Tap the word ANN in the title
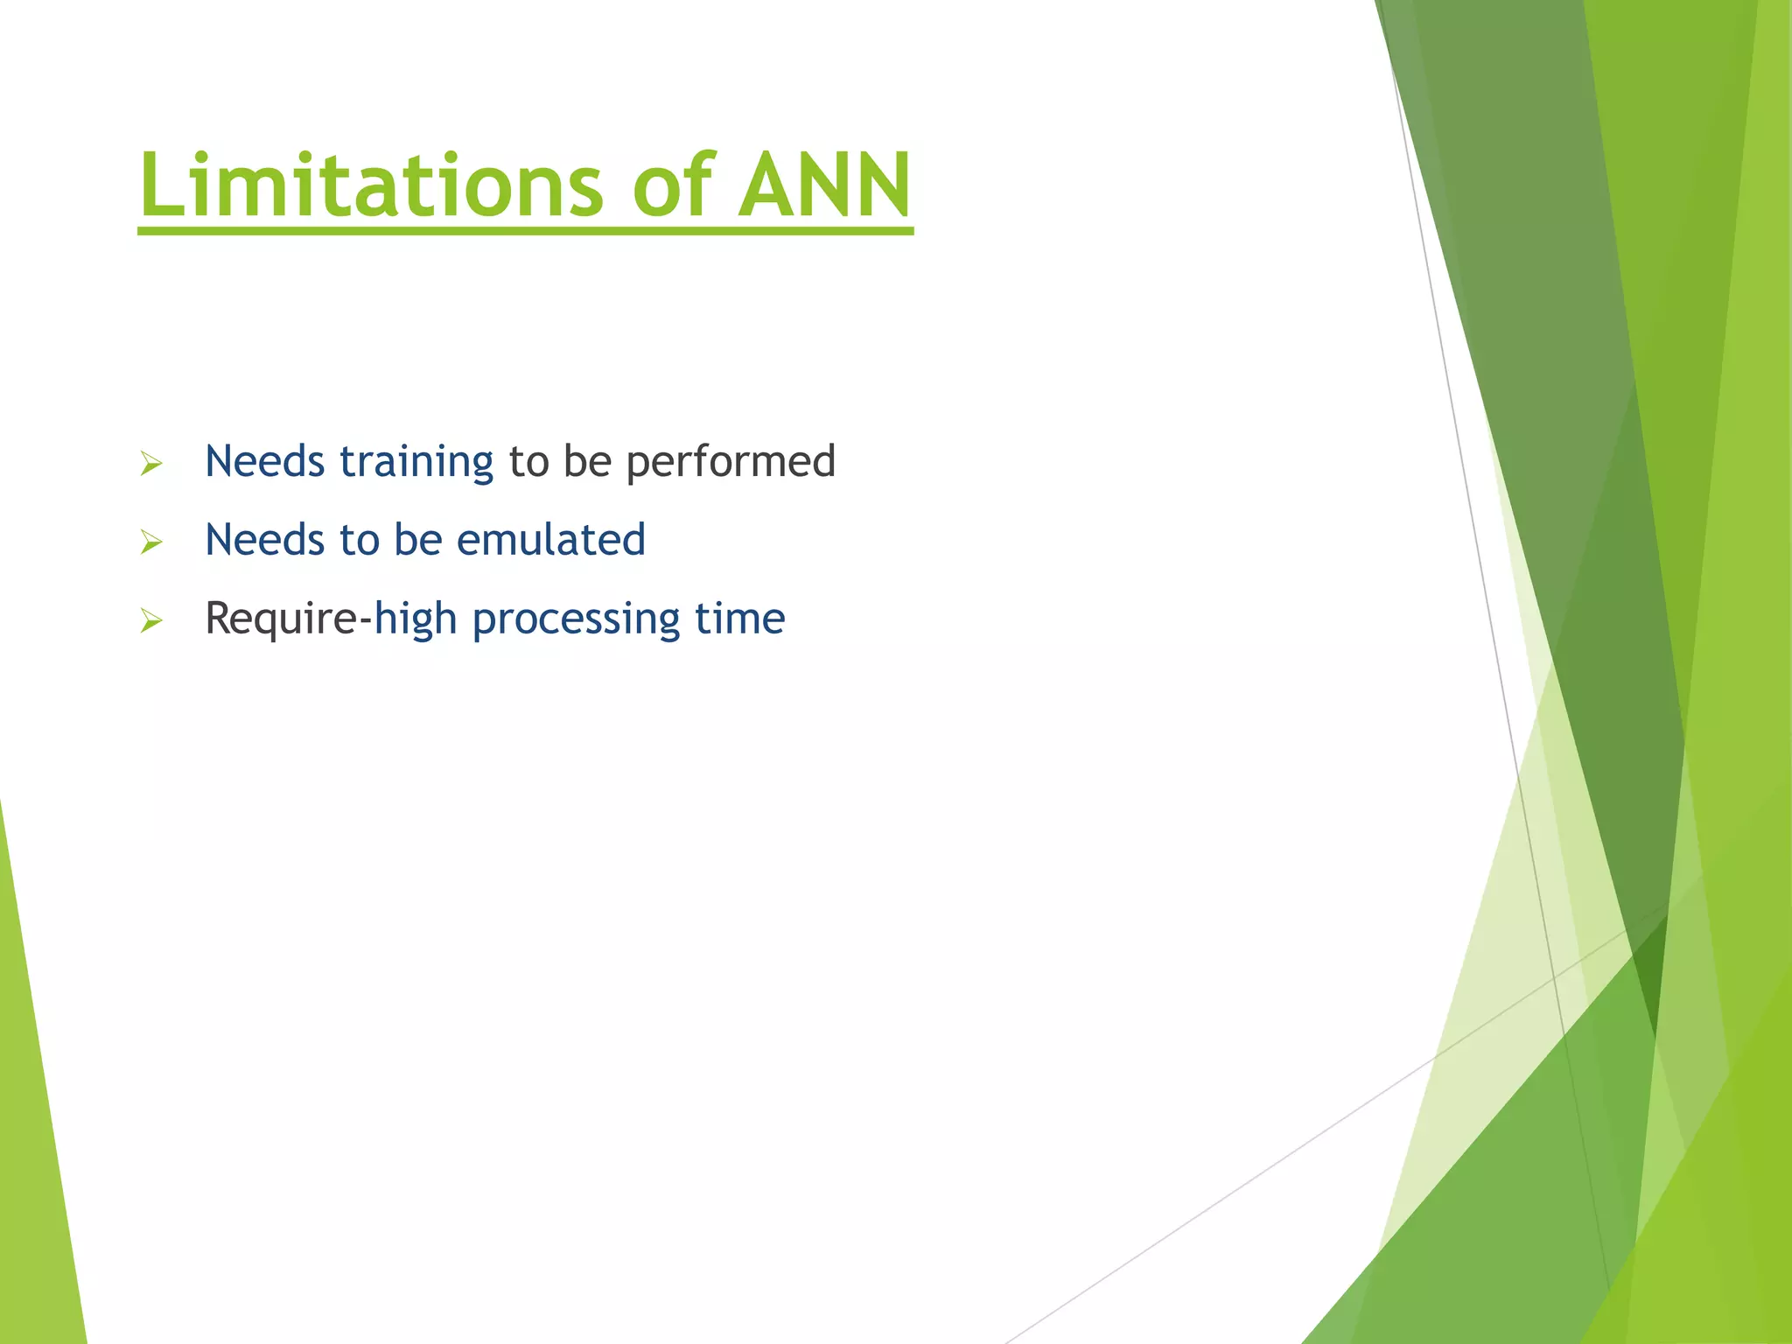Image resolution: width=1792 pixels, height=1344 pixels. coord(824,185)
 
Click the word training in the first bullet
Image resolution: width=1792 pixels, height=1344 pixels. coord(416,462)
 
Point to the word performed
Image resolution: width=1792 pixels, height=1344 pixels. coord(731,462)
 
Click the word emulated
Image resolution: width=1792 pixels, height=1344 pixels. coord(550,540)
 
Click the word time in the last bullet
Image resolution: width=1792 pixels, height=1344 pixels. coord(739,619)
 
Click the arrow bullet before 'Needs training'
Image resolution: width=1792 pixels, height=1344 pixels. coord(151,464)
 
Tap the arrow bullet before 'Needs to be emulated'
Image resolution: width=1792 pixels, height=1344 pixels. coord(151,542)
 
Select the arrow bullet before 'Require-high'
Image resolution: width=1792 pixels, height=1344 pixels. coord(151,621)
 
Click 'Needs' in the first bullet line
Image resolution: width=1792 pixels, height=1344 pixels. coord(264,462)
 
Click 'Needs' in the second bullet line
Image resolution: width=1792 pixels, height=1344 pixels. coord(264,540)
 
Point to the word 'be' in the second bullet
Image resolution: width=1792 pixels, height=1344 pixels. coord(417,540)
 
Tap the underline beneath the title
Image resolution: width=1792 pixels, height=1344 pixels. coord(525,230)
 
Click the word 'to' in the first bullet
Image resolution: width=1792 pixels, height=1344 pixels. coord(528,462)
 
